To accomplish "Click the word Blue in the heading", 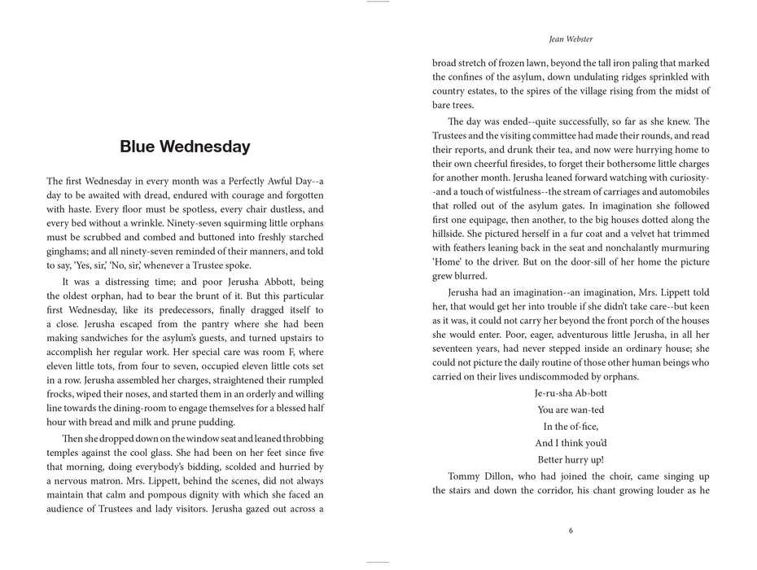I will click(x=138, y=147).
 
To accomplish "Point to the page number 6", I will click(x=571, y=531).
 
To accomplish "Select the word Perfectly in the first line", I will click(x=236, y=181).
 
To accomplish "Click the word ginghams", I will click(x=68, y=252).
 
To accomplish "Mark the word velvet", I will click(x=624, y=234).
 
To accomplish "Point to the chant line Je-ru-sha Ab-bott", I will click(x=571, y=392).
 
